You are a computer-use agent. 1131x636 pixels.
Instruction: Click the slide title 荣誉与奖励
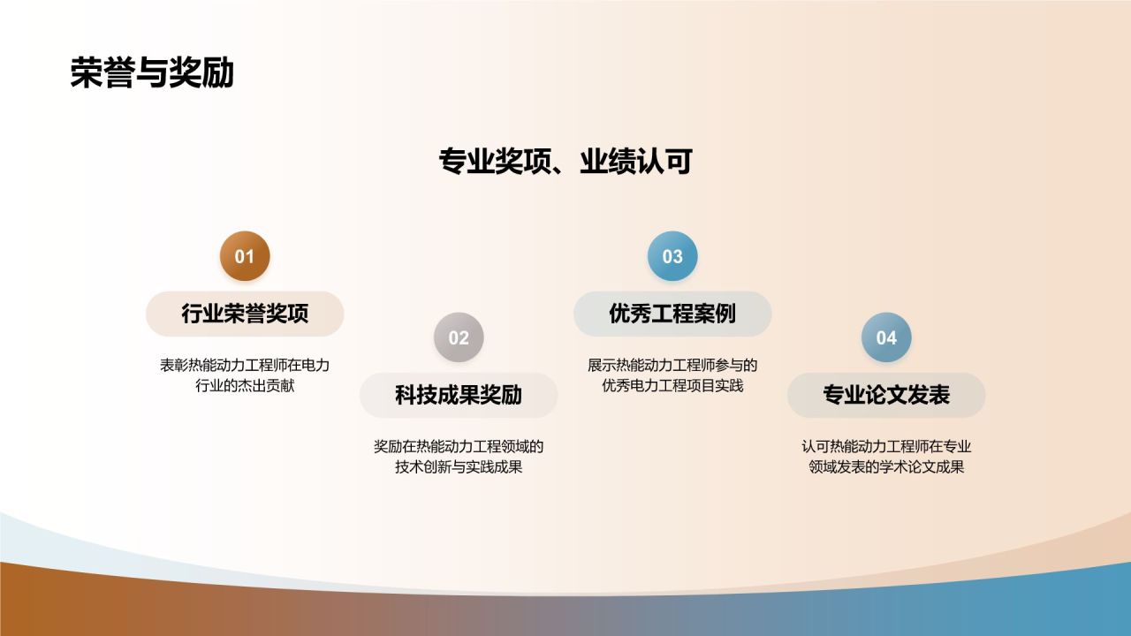click(152, 74)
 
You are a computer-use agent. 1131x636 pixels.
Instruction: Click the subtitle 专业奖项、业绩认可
click(565, 163)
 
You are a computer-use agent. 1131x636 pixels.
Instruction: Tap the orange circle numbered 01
click(245, 256)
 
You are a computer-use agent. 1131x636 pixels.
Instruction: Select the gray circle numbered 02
click(459, 337)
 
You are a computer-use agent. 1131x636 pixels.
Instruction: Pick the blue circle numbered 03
click(672, 256)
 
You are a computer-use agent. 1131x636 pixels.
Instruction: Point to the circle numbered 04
click(886, 337)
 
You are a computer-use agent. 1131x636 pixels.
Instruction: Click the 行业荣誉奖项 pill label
click(245, 314)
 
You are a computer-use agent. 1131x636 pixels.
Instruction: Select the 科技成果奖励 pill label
click(459, 395)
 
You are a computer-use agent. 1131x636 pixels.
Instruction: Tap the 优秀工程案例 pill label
click(672, 314)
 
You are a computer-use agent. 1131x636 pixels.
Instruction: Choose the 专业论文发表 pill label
click(886, 395)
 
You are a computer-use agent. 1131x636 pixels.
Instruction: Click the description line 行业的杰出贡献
click(245, 386)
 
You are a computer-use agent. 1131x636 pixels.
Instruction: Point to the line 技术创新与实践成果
click(459, 467)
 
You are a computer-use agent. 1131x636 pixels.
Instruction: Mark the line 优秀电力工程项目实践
click(672, 386)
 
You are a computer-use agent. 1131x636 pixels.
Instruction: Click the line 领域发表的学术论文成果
click(886, 467)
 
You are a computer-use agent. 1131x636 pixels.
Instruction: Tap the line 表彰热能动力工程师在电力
click(245, 365)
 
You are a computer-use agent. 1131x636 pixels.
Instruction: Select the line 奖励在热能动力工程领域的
click(459, 446)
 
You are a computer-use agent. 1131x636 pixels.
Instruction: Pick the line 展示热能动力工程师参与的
click(672, 365)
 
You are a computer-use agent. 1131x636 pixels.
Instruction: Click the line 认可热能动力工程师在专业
click(886, 446)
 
